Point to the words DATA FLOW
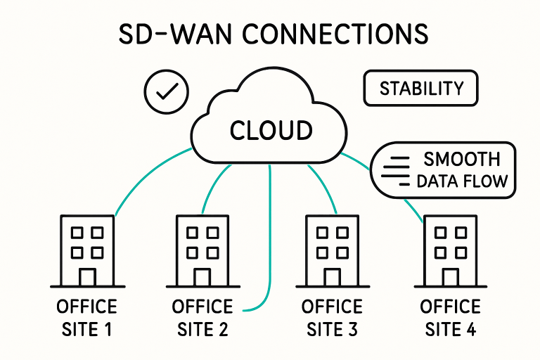click(462, 181)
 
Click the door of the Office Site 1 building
click(87, 276)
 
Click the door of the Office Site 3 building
click(332, 276)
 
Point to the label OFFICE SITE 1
click(87, 318)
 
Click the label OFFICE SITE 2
click(202, 318)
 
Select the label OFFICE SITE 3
click(332, 318)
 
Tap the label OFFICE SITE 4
click(450, 318)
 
